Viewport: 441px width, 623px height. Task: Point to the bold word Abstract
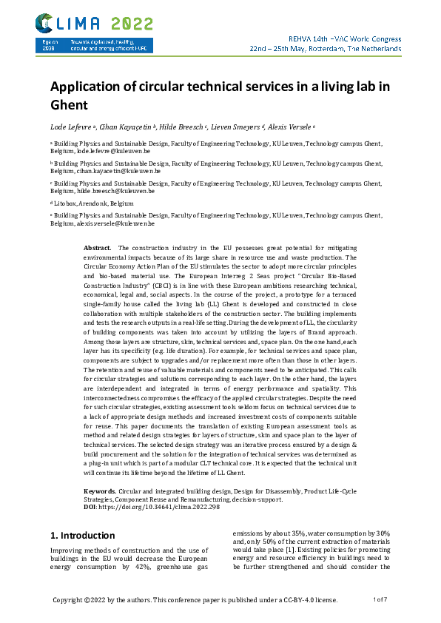coord(98,247)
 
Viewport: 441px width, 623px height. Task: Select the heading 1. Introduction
coord(82,535)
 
